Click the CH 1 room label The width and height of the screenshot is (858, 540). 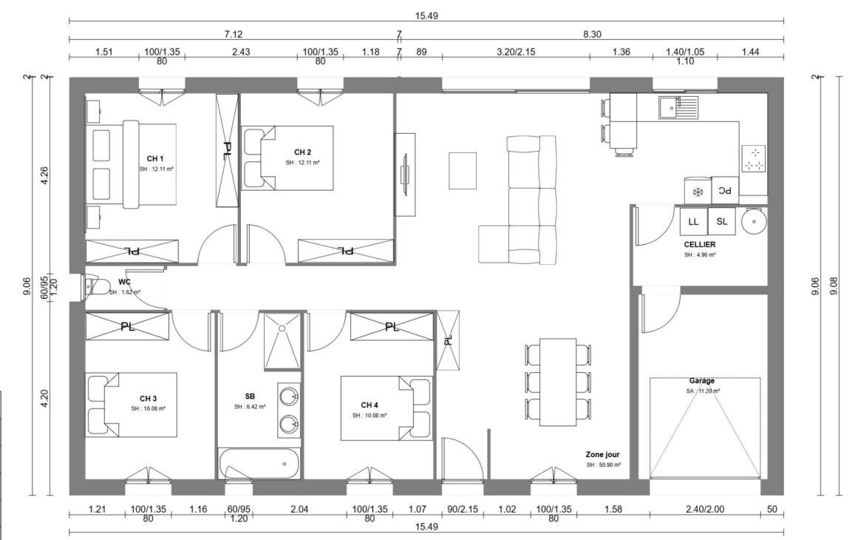[x=154, y=158]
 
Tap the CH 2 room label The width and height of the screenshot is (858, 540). [x=302, y=152]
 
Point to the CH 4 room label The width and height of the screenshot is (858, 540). [x=370, y=405]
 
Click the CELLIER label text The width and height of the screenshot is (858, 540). [x=699, y=244]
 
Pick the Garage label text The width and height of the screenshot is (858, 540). [x=701, y=381]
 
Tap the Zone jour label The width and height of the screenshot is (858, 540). [x=602, y=455]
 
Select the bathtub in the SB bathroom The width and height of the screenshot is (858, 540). [x=259, y=463]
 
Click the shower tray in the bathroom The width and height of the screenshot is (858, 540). [x=282, y=340]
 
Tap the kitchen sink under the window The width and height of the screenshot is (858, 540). [x=677, y=107]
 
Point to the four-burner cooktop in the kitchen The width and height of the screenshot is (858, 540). [x=754, y=158]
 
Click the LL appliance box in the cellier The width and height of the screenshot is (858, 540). [x=693, y=221]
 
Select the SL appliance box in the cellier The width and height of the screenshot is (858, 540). [x=721, y=221]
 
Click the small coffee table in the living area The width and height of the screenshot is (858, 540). [x=463, y=169]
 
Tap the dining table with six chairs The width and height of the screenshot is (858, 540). [x=558, y=378]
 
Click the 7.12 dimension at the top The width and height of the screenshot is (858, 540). [x=234, y=33]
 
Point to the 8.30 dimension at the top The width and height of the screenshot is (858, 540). [x=592, y=33]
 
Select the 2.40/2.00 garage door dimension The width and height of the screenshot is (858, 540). [x=704, y=509]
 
